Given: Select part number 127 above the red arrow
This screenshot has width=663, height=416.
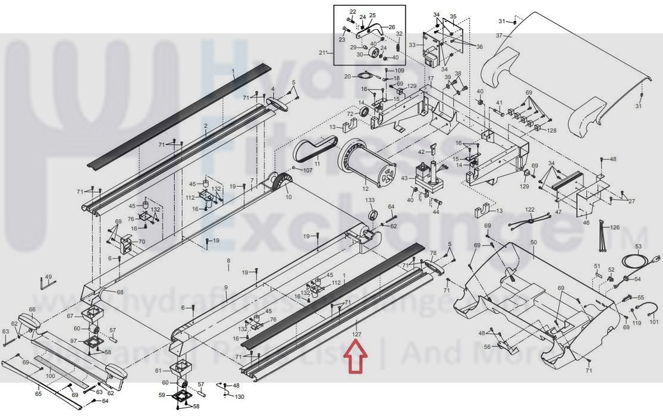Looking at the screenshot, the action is [356, 334].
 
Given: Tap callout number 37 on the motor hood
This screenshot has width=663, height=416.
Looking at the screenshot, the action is [499, 36].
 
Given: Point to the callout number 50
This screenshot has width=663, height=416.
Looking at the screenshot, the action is [533, 242].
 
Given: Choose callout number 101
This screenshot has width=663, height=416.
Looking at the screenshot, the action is [654, 322].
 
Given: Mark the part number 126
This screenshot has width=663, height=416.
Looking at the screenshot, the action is [615, 227].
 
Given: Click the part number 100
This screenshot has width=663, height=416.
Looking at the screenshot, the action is [50, 376].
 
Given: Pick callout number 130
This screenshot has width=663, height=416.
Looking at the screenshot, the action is [239, 396].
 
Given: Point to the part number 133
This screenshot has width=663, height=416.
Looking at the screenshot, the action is [370, 201].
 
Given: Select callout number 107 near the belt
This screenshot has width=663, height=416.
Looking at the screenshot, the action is [307, 170].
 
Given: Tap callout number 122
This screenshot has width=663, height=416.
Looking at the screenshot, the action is [530, 209].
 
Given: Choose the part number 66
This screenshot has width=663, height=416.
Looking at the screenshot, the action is [32, 309].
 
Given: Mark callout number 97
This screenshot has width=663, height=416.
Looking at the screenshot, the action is [74, 341].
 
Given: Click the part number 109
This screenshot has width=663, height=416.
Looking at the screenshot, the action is [399, 71].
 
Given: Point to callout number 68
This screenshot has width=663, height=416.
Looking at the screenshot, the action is [120, 292].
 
